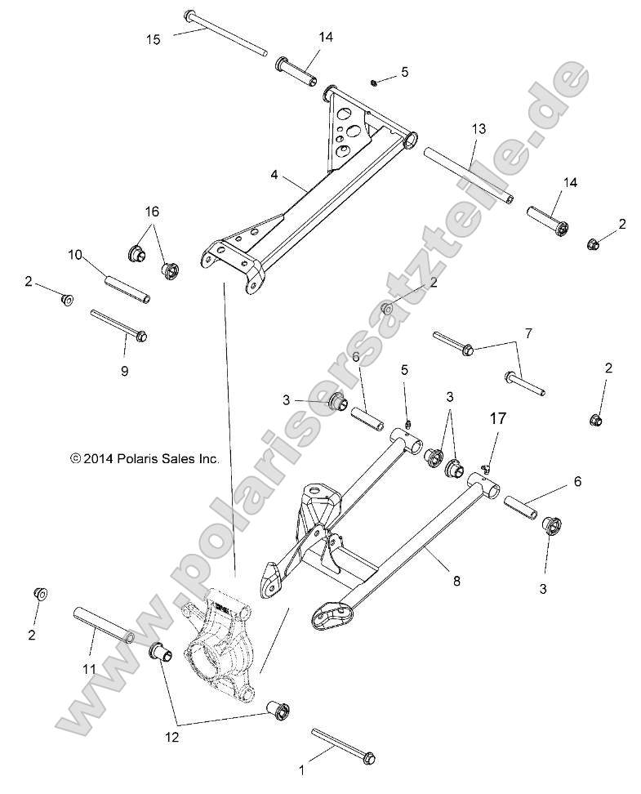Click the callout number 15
coord(154,38)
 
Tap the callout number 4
coord(275,174)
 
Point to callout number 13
coord(478,129)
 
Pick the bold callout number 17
coord(498,418)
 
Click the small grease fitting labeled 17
coord(483,467)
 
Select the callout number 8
coord(456,581)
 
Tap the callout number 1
coord(302,769)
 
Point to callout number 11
coord(90,669)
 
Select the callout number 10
coord(75,255)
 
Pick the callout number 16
coord(153,212)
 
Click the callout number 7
coord(551,334)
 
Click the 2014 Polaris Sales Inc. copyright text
coord(145,460)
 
